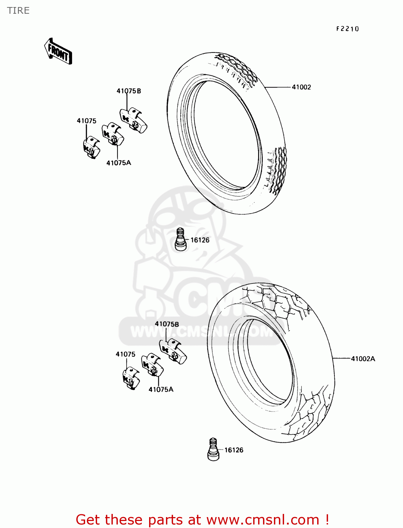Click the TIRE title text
[18, 11]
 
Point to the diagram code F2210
[347, 29]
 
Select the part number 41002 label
[301, 87]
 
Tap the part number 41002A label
[363, 359]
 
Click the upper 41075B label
[129, 91]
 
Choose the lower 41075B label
[167, 324]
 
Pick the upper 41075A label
[119, 163]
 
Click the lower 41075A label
[161, 389]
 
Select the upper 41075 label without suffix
[87, 121]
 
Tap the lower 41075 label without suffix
[126, 354]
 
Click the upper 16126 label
[200, 240]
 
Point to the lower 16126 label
[234, 450]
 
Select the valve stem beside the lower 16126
[213, 450]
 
